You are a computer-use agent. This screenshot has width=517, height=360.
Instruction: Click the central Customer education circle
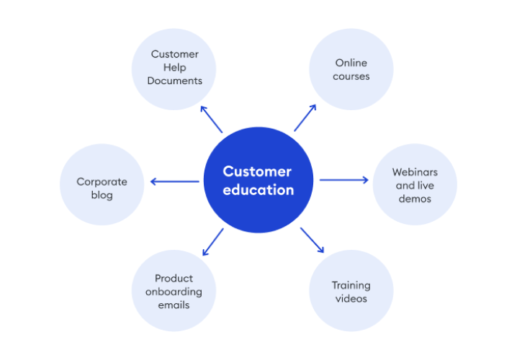point(258,181)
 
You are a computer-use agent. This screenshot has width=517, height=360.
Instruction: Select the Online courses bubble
point(351,70)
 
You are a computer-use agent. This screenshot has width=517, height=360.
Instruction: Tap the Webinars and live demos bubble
point(414,185)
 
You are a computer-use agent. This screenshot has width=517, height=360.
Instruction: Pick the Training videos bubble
point(351,291)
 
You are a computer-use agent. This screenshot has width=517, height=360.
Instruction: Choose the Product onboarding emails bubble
point(174,291)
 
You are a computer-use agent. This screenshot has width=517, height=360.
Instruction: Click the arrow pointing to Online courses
point(305,117)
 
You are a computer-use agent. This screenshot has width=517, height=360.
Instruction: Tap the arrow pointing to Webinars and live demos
point(343,180)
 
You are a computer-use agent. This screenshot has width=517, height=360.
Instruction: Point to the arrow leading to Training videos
point(313,240)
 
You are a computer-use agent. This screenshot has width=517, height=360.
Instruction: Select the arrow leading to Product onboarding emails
point(212,242)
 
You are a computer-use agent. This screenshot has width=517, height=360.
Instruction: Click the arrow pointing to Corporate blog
point(175,181)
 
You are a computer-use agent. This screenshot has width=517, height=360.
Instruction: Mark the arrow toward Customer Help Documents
point(211,119)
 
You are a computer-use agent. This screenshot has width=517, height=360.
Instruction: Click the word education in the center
point(258,191)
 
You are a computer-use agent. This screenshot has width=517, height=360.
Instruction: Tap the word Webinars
point(415,172)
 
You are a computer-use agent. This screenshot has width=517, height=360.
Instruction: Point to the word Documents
point(174,81)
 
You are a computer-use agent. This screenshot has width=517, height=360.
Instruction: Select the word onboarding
point(174,292)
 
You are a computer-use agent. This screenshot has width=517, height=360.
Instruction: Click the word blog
point(102,195)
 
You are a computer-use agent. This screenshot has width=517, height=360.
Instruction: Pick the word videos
point(351,298)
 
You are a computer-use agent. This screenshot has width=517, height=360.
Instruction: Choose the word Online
point(351,63)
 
